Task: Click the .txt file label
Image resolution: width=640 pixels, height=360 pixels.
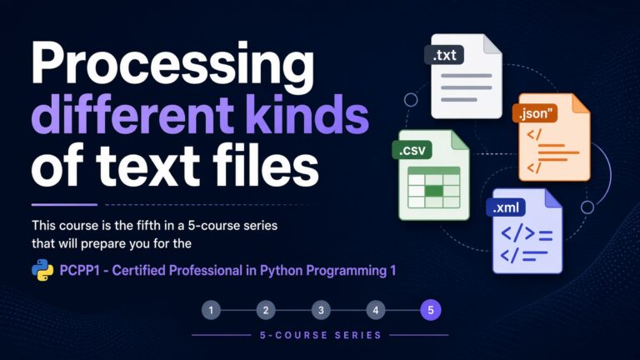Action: [x=444, y=55]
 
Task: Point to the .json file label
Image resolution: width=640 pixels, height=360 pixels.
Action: [x=535, y=113]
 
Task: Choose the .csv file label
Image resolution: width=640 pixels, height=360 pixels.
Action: [x=412, y=150]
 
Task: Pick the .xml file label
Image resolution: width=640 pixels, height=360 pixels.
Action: [x=506, y=207]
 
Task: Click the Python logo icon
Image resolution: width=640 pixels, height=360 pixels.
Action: [x=42, y=270]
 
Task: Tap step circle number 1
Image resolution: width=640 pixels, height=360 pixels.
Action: [x=211, y=310]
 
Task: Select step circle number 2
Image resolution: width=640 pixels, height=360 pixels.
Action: [x=266, y=310]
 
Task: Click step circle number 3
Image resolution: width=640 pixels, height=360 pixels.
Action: [x=321, y=310]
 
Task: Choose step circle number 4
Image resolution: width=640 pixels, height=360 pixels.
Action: [x=376, y=310]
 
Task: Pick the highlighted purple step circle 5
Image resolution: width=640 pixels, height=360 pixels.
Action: [x=431, y=310]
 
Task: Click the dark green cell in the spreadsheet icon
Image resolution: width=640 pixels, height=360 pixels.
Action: [x=434, y=191]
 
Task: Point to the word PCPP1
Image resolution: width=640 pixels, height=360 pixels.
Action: [x=80, y=270]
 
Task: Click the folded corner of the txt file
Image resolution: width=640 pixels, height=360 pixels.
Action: [x=492, y=44]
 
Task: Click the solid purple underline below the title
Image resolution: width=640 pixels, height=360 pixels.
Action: [x=64, y=205]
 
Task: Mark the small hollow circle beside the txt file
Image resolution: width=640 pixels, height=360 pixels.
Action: [x=411, y=100]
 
